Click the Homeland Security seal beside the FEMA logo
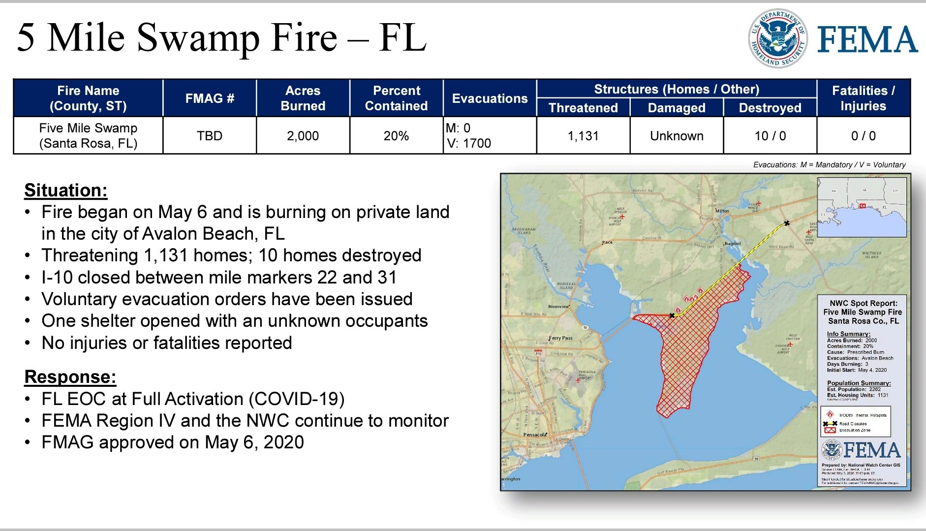(778, 38)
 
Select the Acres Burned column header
(303, 98)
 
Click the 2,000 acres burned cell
(303, 136)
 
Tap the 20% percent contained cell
(396, 136)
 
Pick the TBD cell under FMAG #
(210, 136)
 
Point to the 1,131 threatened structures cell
(583, 136)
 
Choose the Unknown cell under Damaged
(677, 136)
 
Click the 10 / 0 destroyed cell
(770, 136)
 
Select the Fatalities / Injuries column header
(864, 98)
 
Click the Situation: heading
(66, 190)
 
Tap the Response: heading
(70, 377)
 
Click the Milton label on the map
(722, 211)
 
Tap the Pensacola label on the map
(535, 435)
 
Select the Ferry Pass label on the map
(560, 338)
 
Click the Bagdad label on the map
(733, 244)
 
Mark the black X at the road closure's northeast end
(787, 223)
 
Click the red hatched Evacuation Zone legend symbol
(830, 430)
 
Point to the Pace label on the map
(608, 243)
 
